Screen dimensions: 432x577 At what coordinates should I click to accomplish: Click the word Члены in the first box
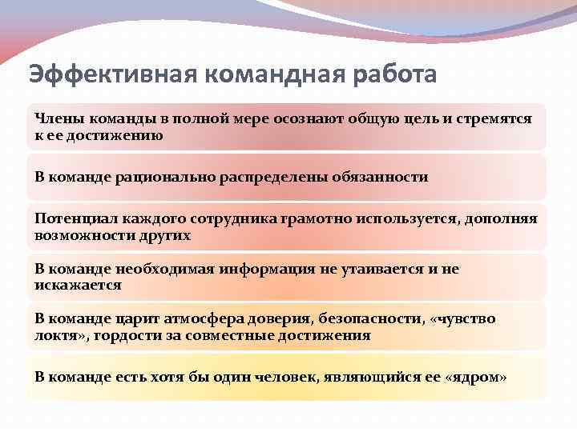pos(55,118)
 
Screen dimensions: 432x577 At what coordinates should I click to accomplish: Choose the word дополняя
pos(501,218)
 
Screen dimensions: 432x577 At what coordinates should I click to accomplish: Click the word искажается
pos(78,285)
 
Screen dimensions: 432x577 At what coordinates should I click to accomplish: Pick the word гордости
pos(127,335)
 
